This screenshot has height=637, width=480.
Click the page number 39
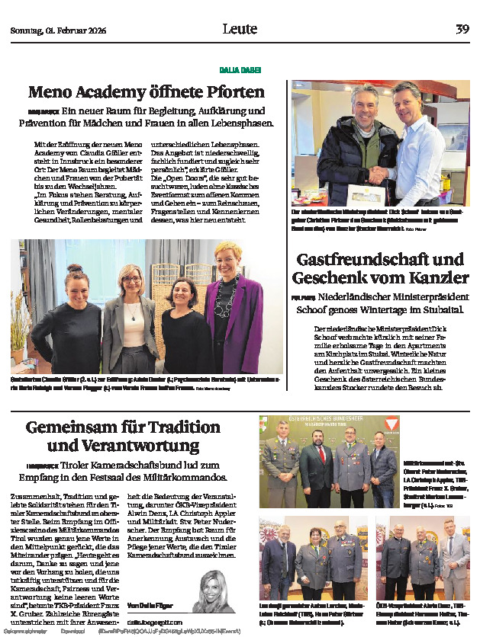(x=462, y=29)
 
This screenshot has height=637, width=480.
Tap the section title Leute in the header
(x=240, y=29)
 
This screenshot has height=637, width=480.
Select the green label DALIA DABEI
(x=240, y=69)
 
